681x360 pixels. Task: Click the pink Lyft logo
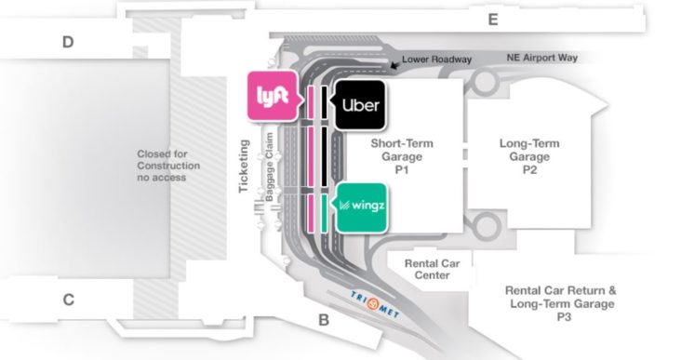pyautogui.click(x=273, y=95)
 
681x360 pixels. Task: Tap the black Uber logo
pyautogui.click(x=359, y=104)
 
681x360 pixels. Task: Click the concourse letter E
pyautogui.click(x=493, y=20)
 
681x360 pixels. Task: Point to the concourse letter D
pyautogui.click(x=68, y=41)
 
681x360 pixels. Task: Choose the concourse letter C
pyautogui.click(x=68, y=300)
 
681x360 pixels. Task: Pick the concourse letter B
pyautogui.click(x=324, y=320)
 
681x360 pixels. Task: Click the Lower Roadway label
pyautogui.click(x=437, y=59)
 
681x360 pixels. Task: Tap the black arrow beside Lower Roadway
pyautogui.click(x=395, y=64)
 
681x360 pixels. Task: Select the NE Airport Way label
pyautogui.click(x=542, y=58)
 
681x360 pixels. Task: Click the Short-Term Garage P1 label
pyautogui.click(x=402, y=157)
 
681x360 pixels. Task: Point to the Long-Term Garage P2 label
pyautogui.click(x=529, y=157)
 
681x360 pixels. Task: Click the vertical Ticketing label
pyautogui.click(x=245, y=167)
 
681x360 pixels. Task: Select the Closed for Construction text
pyautogui.click(x=167, y=166)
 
